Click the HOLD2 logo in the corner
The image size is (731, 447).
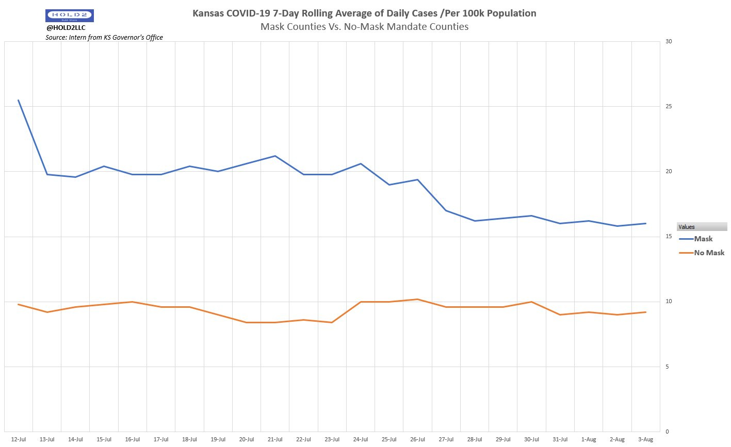(70, 15)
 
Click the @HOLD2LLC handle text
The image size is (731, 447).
(66, 28)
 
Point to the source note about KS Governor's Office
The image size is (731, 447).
(104, 37)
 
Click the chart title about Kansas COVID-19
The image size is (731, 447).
(364, 13)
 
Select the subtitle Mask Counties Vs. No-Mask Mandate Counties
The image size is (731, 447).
(364, 27)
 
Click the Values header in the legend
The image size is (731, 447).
(687, 227)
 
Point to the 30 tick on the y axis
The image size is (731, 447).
(669, 42)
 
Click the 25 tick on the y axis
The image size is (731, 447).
(669, 107)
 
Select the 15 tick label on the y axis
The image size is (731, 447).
(669, 237)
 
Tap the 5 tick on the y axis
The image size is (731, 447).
(668, 367)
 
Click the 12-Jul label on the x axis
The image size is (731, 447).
(19, 439)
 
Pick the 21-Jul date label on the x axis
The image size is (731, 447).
(275, 439)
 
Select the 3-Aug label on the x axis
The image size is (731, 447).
(646, 439)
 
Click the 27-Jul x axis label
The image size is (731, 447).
(446, 439)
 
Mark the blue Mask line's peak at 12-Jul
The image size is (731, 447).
(19, 101)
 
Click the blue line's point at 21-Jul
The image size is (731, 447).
(275, 156)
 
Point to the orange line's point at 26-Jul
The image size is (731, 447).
(417, 299)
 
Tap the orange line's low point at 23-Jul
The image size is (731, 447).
(332, 322)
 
